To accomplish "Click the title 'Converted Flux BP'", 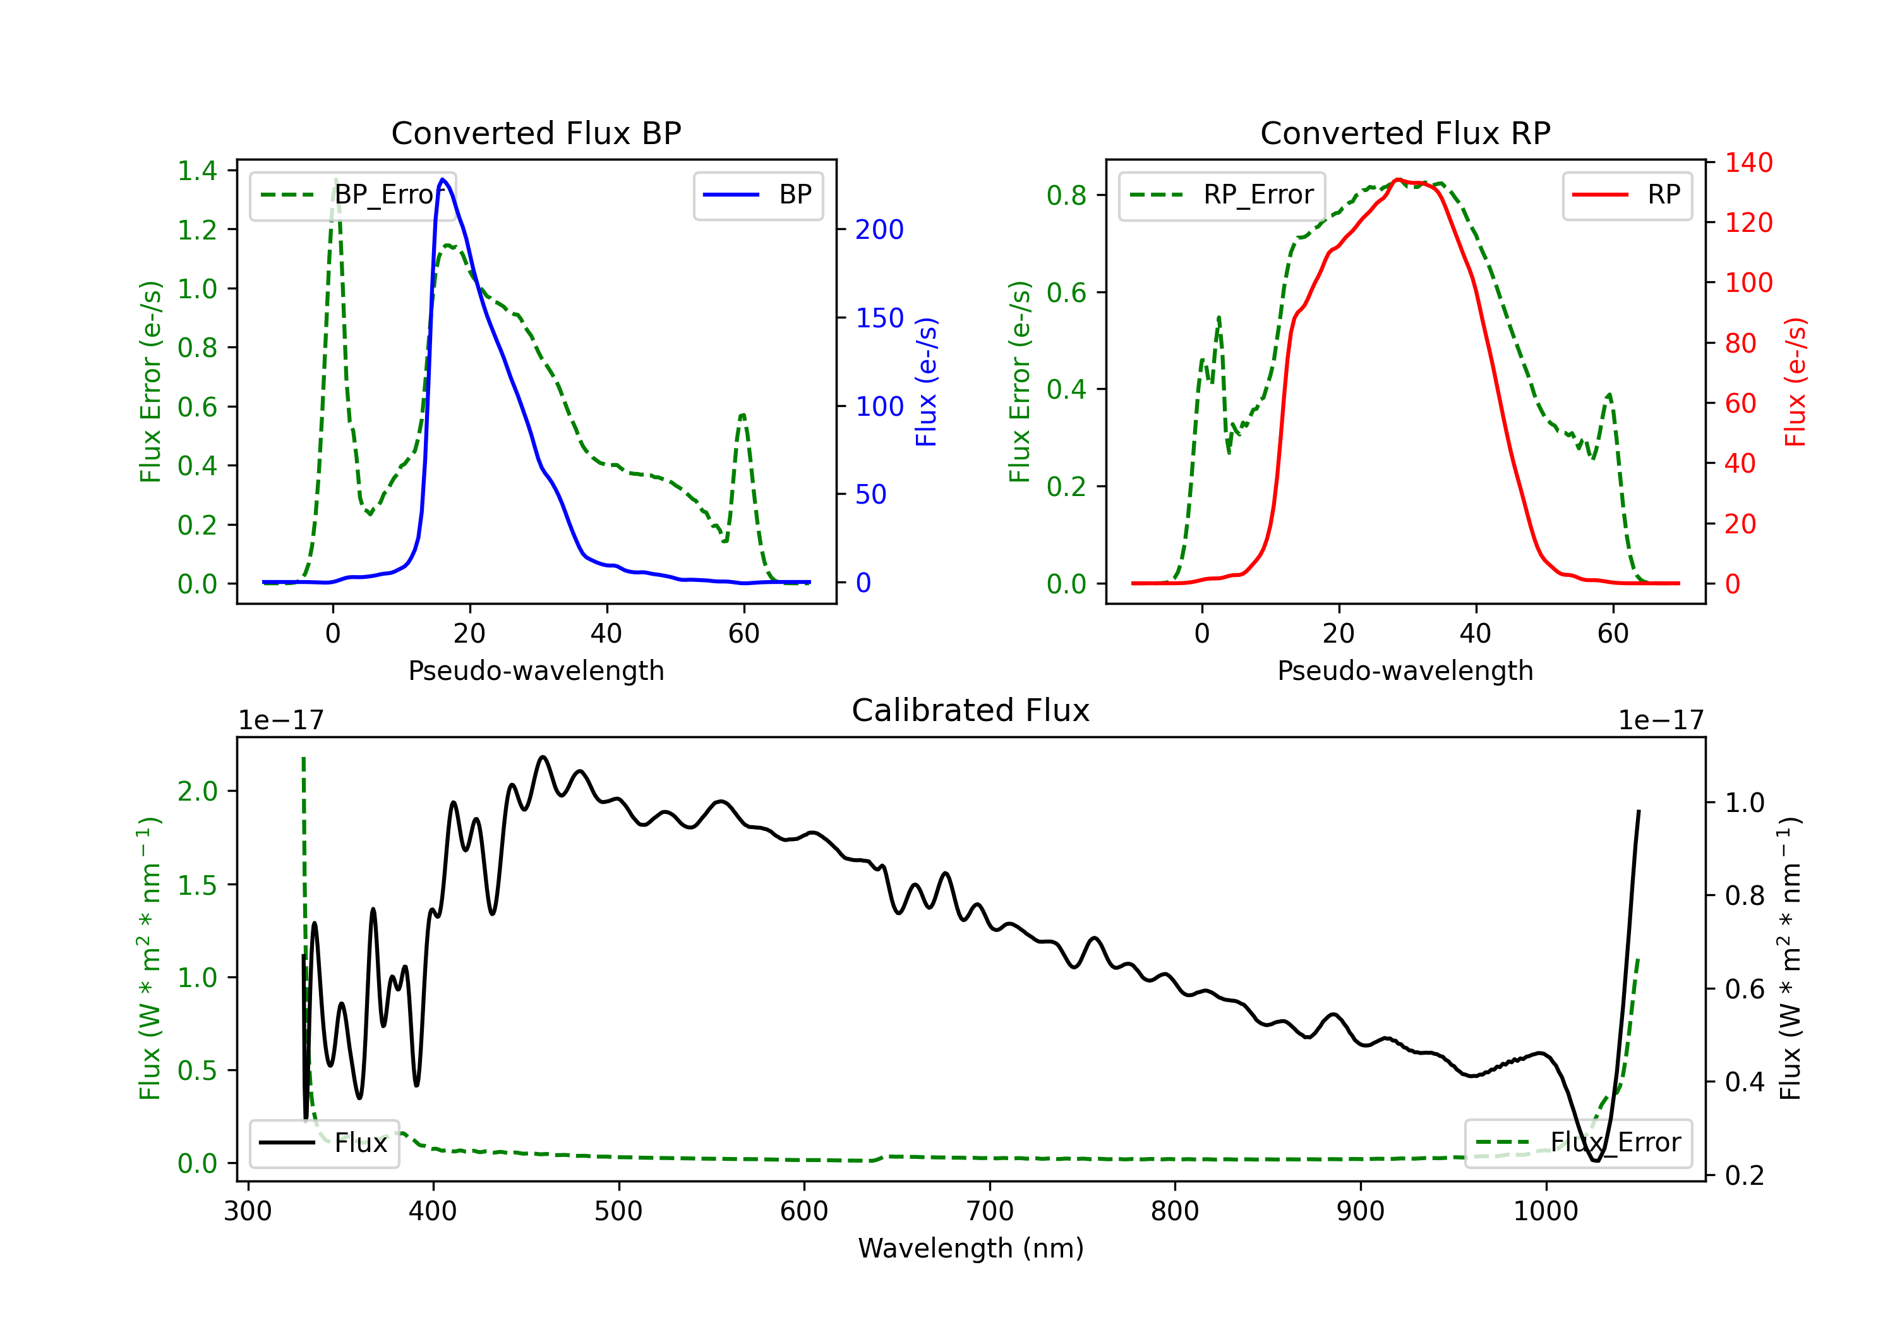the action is pos(536,133).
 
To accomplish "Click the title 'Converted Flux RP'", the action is pos(1405,133).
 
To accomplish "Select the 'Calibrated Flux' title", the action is pos(971,710).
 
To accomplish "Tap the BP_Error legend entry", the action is pos(352,195).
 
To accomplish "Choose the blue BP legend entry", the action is pos(757,195).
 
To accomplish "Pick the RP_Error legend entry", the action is pos(1222,195).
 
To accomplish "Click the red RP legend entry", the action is pos(1627,195).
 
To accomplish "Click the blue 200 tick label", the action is pos(879,229).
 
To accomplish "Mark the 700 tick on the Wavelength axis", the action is pos(990,1211).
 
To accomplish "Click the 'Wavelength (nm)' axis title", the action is pos(971,1248).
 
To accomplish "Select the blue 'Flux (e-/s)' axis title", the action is pos(926,382).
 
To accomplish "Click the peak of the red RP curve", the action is pos(1398,180).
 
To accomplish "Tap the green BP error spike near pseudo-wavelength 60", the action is pos(743,415).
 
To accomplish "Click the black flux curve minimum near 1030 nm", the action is pos(1596,1160).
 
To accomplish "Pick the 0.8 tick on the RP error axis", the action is pos(1066,196).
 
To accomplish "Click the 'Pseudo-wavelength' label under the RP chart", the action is pos(1405,670).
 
